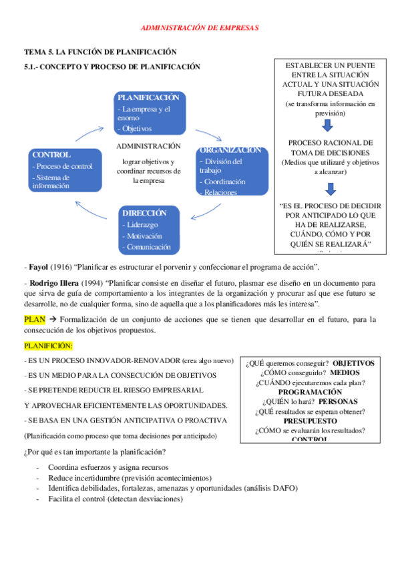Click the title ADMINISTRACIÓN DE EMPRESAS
click(200, 27)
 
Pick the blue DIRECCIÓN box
click(152, 230)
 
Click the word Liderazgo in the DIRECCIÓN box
click(142, 224)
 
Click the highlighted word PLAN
click(34, 319)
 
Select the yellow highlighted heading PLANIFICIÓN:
click(49, 346)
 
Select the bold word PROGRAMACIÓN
click(310, 392)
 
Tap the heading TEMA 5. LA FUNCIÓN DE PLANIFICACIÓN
click(99, 51)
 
